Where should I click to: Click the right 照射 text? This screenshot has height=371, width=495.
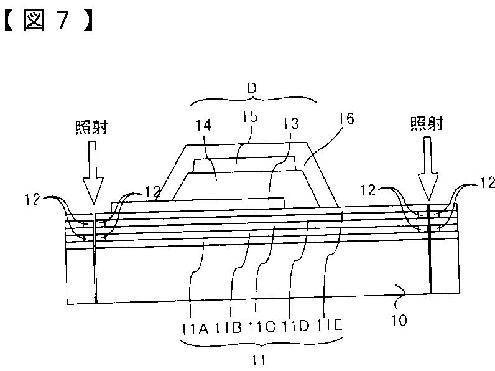[427, 123]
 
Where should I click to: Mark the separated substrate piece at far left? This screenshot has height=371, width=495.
[80, 274]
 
